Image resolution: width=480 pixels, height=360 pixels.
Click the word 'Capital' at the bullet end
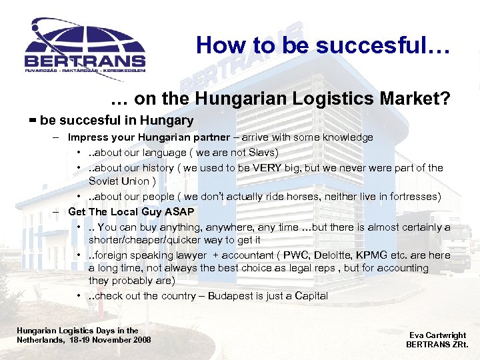[x=311, y=295]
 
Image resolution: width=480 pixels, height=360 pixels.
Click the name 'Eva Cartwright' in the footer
[x=437, y=335]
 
